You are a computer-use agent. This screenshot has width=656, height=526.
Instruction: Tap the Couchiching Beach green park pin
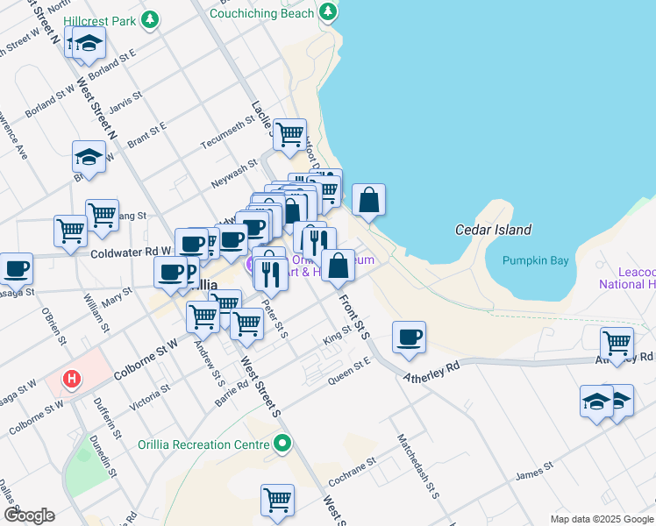pyautogui.click(x=328, y=12)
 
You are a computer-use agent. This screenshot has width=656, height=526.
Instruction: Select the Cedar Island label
pyautogui.click(x=493, y=230)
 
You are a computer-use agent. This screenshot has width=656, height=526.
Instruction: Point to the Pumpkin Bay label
pyautogui.click(x=535, y=261)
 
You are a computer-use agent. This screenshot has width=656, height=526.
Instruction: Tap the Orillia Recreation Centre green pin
pyautogui.click(x=281, y=444)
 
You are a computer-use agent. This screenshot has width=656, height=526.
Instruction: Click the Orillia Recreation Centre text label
pyautogui.click(x=203, y=444)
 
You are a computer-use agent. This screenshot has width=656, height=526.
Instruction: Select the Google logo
pyautogui.click(x=29, y=515)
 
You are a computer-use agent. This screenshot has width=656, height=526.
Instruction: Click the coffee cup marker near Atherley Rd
pyautogui.click(x=408, y=338)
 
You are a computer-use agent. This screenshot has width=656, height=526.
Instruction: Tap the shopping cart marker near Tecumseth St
pyautogui.click(x=289, y=135)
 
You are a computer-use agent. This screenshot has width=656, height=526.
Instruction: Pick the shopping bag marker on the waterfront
pyautogui.click(x=369, y=199)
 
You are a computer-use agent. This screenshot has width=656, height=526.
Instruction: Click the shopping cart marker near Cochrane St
pyautogui.click(x=277, y=501)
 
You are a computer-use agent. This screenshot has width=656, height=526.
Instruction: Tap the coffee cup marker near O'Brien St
pyautogui.click(x=15, y=268)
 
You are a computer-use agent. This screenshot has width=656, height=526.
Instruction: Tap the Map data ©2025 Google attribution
pyautogui.click(x=602, y=519)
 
